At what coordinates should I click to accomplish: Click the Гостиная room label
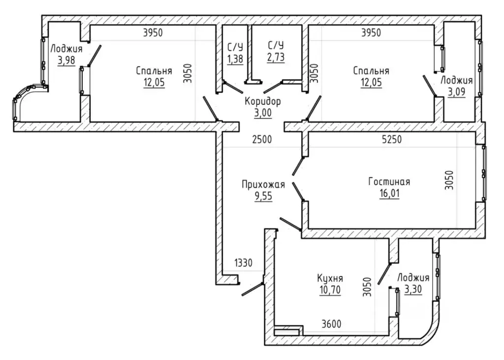click(x=389, y=181)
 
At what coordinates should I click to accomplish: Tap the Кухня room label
click(x=330, y=278)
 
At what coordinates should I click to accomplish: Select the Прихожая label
click(x=263, y=185)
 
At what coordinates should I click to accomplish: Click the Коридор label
click(x=263, y=101)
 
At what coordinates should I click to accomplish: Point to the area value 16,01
click(x=389, y=194)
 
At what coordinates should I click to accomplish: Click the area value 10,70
click(x=330, y=290)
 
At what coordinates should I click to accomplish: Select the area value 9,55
click(x=264, y=196)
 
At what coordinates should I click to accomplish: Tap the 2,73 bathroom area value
click(x=276, y=57)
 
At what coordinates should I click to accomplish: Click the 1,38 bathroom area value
click(x=235, y=59)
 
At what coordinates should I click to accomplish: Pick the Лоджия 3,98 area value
click(x=66, y=61)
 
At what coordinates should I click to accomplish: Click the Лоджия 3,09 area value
click(x=456, y=92)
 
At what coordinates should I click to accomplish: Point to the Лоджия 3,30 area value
click(x=413, y=290)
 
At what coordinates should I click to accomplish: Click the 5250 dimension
click(x=392, y=139)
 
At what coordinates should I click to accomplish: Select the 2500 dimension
click(x=262, y=139)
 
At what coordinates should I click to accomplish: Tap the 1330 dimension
click(x=243, y=263)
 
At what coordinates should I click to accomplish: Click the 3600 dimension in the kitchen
click(x=331, y=324)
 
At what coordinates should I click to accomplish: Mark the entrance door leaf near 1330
click(x=252, y=289)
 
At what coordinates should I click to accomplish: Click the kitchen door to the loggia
click(x=384, y=273)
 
